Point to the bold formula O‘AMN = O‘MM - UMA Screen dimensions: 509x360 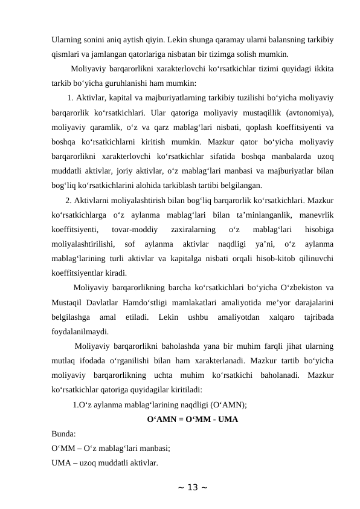(x=192, y=420)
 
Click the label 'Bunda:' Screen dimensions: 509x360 (x=63, y=434)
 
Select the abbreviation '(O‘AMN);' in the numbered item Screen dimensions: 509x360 (x=228, y=405)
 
